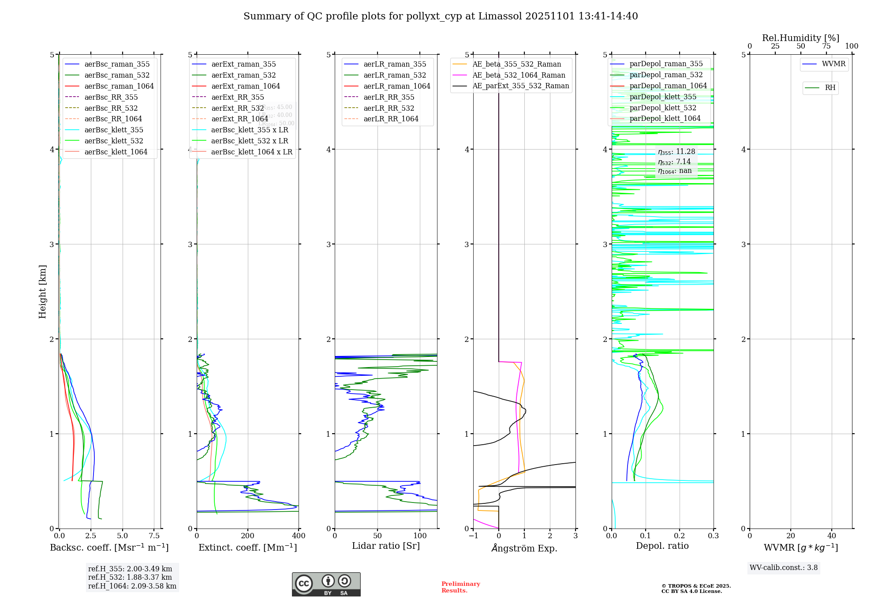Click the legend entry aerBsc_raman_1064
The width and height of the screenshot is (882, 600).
[119, 86]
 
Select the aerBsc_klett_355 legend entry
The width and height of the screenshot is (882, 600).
[114, 130]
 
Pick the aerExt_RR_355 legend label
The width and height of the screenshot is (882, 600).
[238, 97]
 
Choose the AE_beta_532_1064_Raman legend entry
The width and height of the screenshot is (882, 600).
[519, 75]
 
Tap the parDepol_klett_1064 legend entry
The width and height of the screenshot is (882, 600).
[665, 118]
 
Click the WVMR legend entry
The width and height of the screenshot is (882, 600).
[833, 64]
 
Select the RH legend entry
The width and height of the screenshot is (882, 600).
[830, 88]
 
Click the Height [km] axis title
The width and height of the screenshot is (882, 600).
[42, 291]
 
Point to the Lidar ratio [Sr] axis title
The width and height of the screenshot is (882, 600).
[386, 546]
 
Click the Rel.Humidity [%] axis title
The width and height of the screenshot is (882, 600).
[800, 38]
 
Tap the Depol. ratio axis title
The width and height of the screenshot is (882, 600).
[662, 546]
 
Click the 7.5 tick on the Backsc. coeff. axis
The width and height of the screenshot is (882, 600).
[154, 536]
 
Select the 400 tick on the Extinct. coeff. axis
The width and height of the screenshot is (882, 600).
[299, 536]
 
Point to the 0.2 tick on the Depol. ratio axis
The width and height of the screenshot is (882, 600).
[680, 536]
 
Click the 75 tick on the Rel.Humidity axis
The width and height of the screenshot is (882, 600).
[826, 46]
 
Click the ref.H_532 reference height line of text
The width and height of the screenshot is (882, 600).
[130, 577]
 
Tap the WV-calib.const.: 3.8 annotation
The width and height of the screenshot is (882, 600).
[784, 568]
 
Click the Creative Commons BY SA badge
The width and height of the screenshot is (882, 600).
[326, 585]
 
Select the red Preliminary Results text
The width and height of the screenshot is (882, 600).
[460, 587]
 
